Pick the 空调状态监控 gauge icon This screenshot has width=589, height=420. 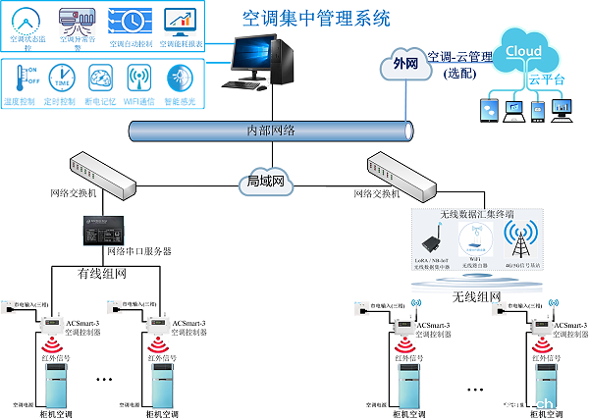27,20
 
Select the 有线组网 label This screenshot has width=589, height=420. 102,274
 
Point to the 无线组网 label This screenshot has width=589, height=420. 477,296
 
